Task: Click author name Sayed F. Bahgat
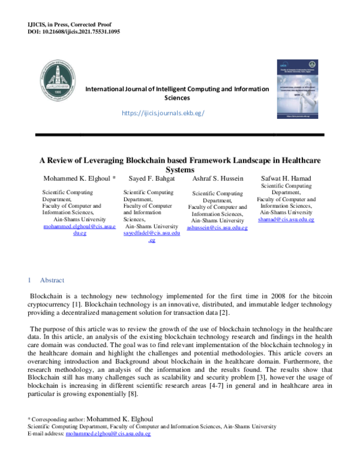(151, 179)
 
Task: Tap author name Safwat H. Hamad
(287, 179)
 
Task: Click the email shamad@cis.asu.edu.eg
(286, 220)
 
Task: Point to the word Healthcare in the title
(298, 160)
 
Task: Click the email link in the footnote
(108, 433)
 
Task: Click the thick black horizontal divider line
(180, 135)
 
